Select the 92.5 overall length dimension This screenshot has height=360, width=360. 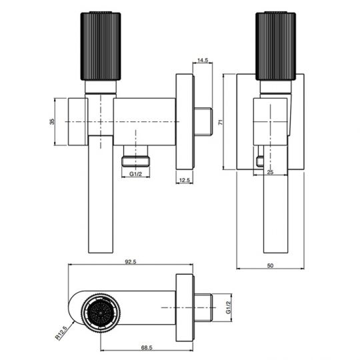click(130, 262)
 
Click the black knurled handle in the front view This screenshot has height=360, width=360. click(100, 45)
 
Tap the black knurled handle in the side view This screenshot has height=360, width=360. click(276, 45)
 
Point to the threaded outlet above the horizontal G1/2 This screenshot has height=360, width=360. click(137, 160)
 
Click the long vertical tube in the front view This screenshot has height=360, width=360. click(100, 193)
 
